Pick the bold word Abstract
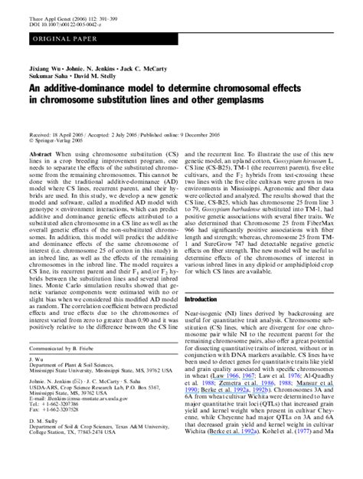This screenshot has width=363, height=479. (x=41, y=154)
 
